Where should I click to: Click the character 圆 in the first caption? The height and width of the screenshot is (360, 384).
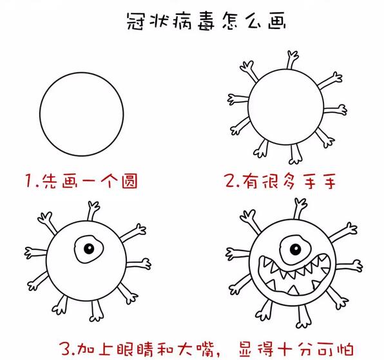click(128, 181)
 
